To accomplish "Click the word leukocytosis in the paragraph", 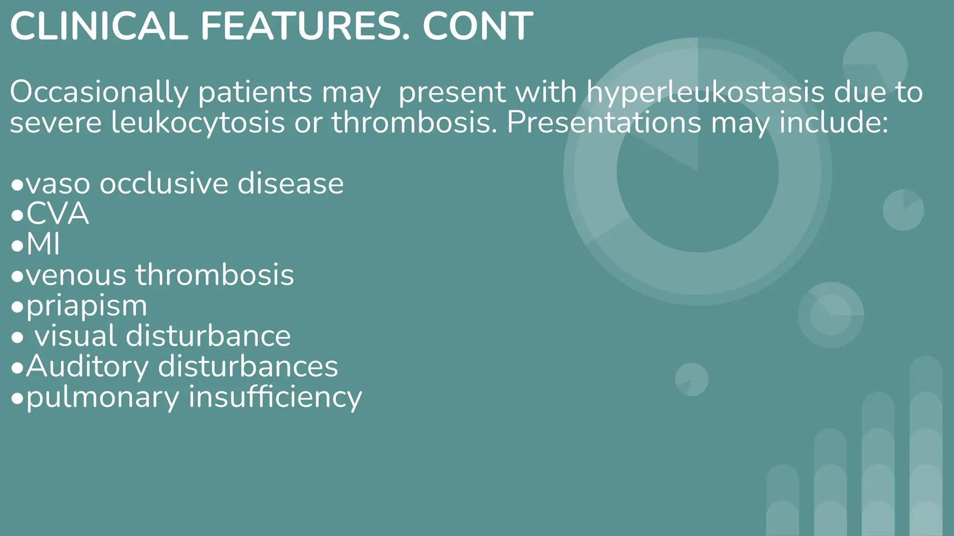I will pos(198,123).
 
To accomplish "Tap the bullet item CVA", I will pos(57,214).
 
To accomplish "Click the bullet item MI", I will pos(43,244).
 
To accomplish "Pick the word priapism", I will pos(87,306).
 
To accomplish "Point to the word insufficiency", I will pos(275,397).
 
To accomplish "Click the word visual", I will pos(75,336).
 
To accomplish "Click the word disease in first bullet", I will pos(291,183).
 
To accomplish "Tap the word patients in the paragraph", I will pos(255,92).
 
